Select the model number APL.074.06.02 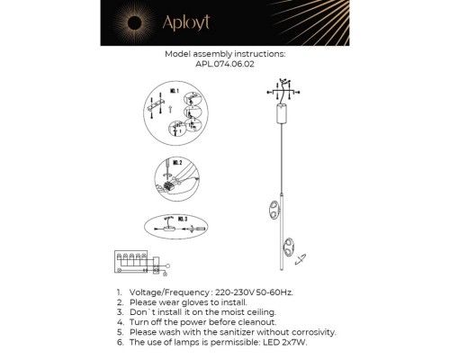pos(225,64)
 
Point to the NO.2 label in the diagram pos(176,164)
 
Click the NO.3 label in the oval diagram pos(181,218)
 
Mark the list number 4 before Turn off pos(120,322)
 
